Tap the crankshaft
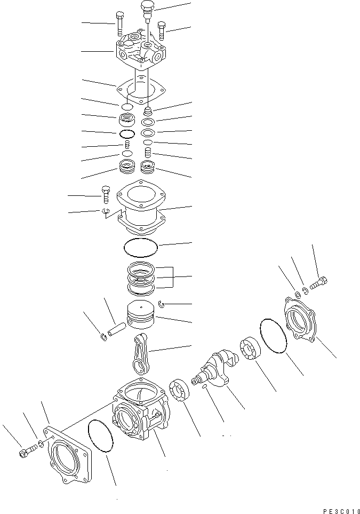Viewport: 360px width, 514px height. pyautogui.click(x=215, y=368)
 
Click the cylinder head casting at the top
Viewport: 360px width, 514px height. pyautogui.click(x=140, y=51)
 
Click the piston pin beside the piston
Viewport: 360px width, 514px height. pyautogui.click(x=117, y=329)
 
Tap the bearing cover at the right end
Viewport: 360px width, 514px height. pyautogui.click(x=300, y=318)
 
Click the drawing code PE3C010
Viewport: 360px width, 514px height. pyautogui.click(x=341, y=511)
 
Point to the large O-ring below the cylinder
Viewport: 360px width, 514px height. pyautogui.click(x=141, y=247)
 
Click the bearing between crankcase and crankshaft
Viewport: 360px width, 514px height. pyautogui.click(x=180, y=389)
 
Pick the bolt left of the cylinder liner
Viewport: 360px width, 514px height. pyautogui.click(x=106, y=194)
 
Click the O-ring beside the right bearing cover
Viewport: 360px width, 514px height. pyautogui.click(x=273, y=336)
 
